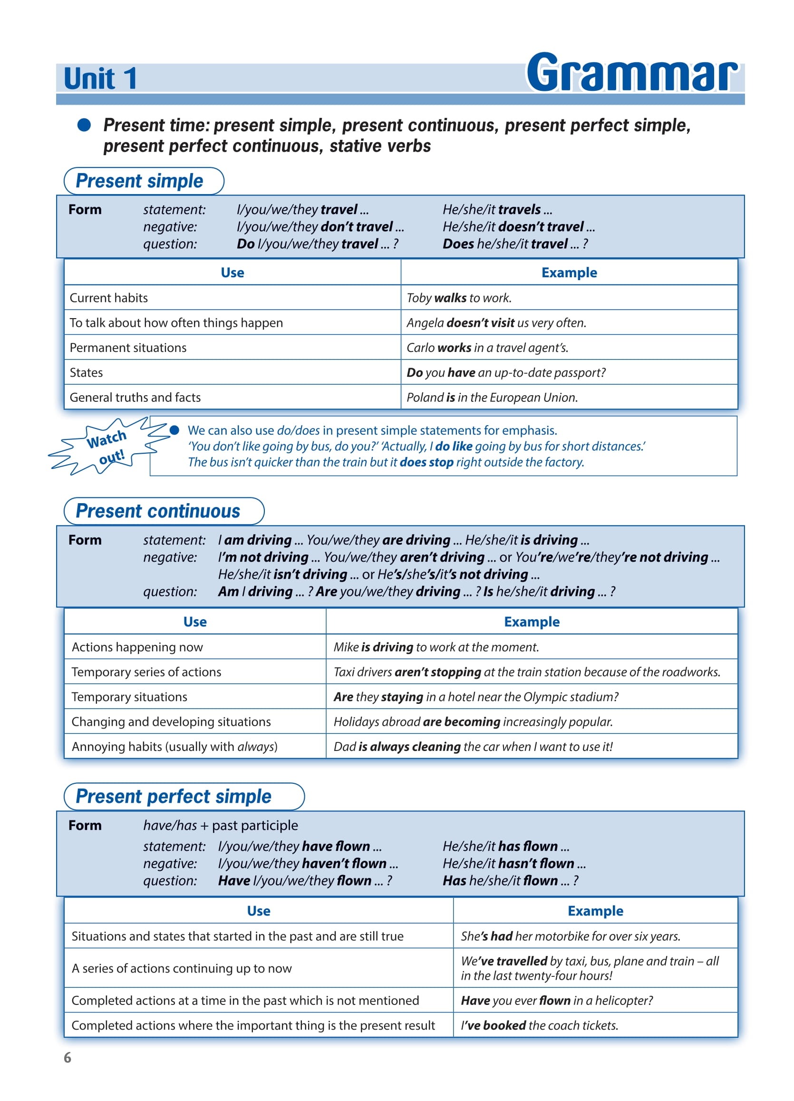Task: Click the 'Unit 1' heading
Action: (100, 78)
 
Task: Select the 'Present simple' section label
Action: (139, 181)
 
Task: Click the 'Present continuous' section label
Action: (158, 511)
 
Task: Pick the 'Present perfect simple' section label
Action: (173, 797)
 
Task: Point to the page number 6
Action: (68, 1057)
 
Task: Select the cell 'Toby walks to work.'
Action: (459, 298)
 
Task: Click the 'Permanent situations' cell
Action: (128, 348)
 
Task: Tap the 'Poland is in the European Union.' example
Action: (492, 398)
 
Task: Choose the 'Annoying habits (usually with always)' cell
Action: (174, 747)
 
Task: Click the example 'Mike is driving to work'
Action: (436, 647)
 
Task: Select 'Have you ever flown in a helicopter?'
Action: (556, 1001)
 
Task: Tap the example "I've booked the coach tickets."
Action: (539, 1025)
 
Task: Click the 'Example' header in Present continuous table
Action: (532, 622)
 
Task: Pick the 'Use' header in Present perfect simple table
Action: (258, 911)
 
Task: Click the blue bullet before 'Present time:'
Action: (84, 125)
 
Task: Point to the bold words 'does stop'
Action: (426, 462)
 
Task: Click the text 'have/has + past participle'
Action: (220, 825)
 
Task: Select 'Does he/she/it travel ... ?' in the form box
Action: (514, 244)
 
